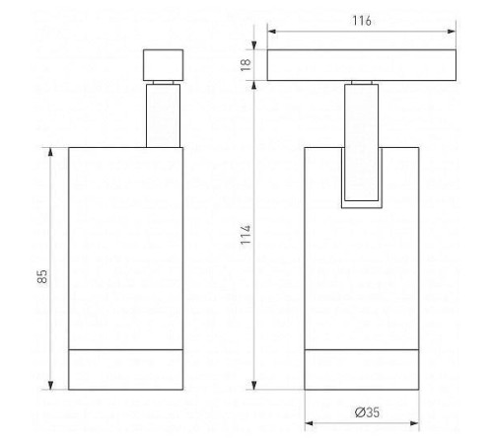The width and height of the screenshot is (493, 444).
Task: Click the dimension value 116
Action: point(362,21)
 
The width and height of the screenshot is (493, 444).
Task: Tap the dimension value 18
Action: point(246,64)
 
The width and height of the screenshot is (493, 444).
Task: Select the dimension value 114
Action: point(246,235)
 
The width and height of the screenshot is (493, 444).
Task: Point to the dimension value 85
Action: point(42,276)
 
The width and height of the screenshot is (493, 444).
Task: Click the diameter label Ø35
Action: point(367,412)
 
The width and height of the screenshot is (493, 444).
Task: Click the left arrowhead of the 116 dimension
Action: point(271,32)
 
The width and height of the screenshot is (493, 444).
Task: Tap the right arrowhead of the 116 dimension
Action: point(452,32)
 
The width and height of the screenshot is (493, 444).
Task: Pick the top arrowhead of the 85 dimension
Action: point(50,152)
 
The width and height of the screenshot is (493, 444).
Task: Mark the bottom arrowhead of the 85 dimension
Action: point(50,385)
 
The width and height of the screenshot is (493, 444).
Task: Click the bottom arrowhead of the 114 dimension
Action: point(254,385)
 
